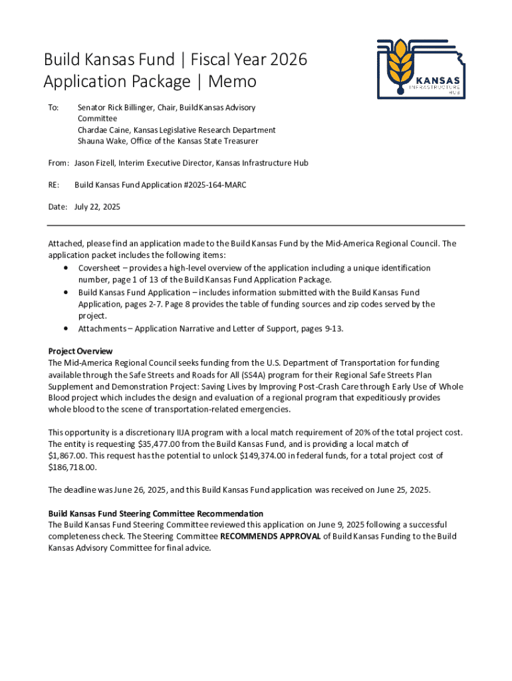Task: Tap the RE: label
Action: [x=54, y=185]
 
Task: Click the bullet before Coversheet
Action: [x=65, y=268]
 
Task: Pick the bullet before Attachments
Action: [x=65, y=329]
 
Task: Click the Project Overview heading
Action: [x=80, y=351]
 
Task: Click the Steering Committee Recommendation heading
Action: [x=156, y=513]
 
